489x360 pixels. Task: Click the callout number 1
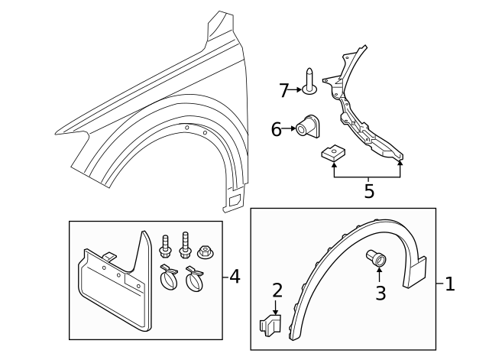coord(450,284)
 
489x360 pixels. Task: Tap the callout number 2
coord(277,290)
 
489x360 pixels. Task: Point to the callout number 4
coord(235,276)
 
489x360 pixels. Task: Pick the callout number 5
coord(369,190)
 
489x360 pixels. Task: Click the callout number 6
coord(277,129)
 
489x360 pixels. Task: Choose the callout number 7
coord(283,90)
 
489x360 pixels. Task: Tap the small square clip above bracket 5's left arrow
coord(332,156)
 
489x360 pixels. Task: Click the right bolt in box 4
coord(184,244)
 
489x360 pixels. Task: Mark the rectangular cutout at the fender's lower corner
coord(233,201)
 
